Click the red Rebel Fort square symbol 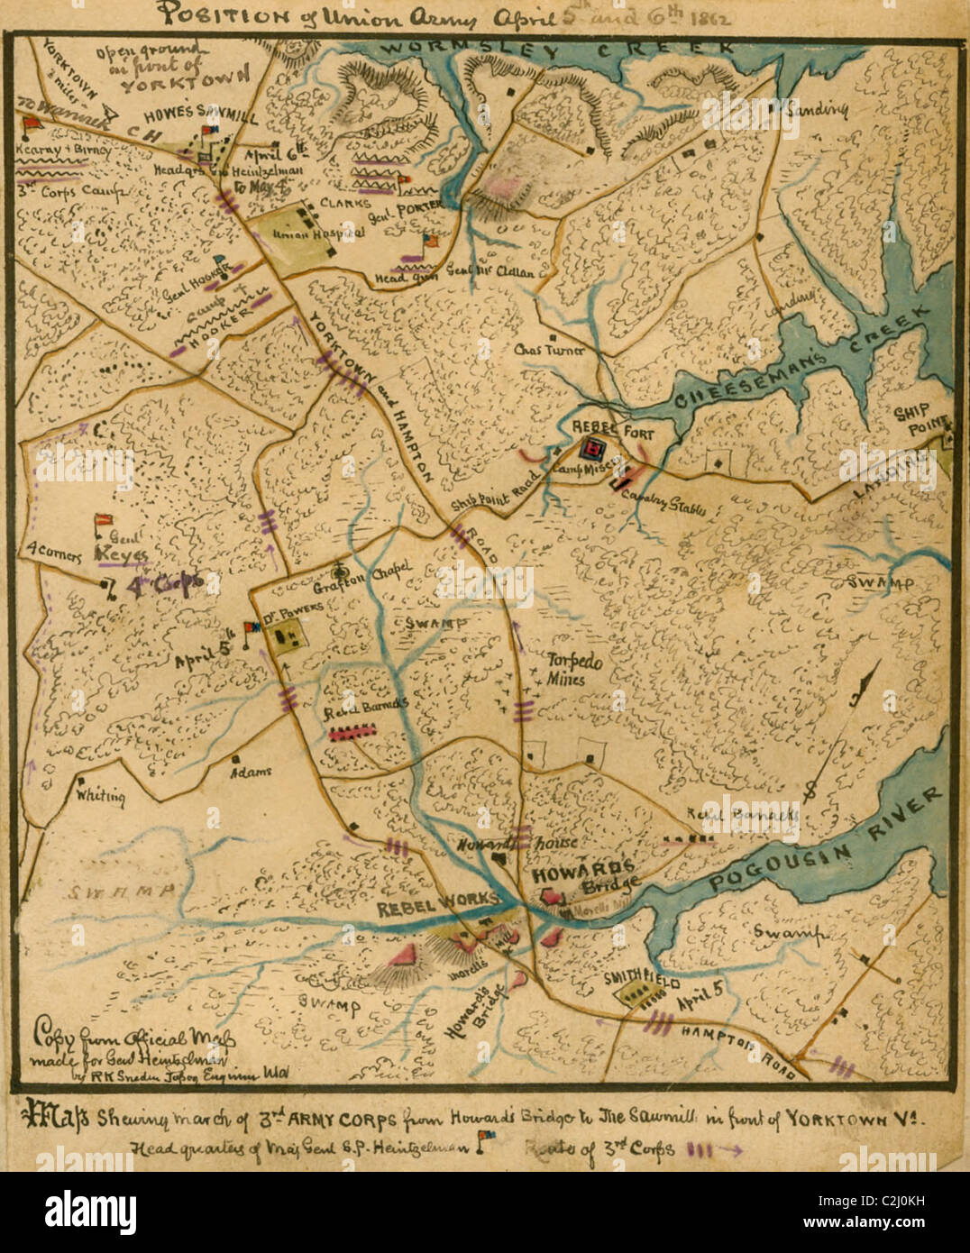tap(594, 448)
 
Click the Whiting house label tap(101, 796)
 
